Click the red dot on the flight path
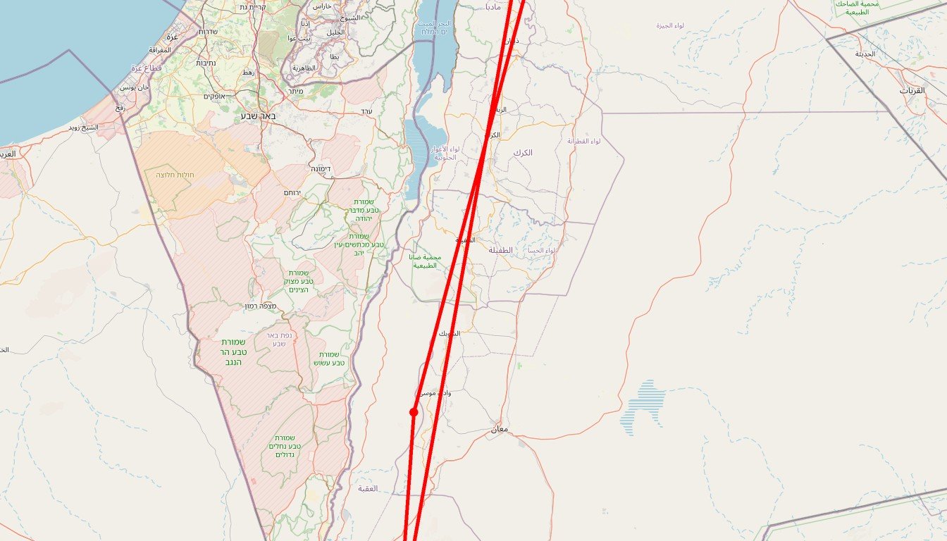point(414,412)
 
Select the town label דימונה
point(321,169)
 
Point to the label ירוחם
point(292,193)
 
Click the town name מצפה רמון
point(260,306)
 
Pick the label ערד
point(366,111)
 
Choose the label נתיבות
point(206,63)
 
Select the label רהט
point(247,73)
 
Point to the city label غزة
point(171,36)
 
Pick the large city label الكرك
point(523,153)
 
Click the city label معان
point(500,429)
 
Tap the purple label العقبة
point(368,488)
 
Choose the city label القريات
point(912,91)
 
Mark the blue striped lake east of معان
point(643,407)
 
